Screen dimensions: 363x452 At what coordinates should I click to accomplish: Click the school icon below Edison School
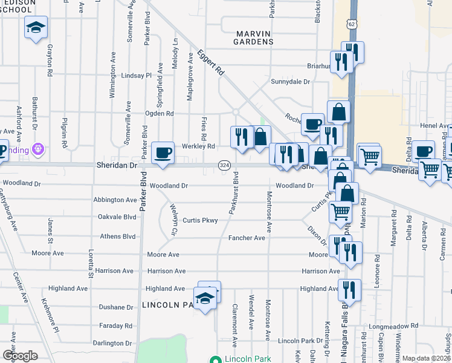coord(36,28)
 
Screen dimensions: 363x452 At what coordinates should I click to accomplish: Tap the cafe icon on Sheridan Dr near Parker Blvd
coord(163,153)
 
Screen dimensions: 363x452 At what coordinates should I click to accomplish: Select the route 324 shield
coord(224,165)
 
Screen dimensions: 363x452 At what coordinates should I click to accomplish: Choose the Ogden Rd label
coord(160,113)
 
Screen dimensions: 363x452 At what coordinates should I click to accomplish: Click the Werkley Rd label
coord(199,146)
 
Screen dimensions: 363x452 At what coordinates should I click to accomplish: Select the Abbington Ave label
coord(115,200)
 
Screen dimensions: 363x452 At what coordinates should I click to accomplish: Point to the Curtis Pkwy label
coord(200,220)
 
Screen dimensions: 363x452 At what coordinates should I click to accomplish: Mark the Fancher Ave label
coord(247,238)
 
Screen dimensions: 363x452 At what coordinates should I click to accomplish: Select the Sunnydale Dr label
coord(290,82)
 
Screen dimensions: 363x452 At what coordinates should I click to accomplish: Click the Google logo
coord(20,356)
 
